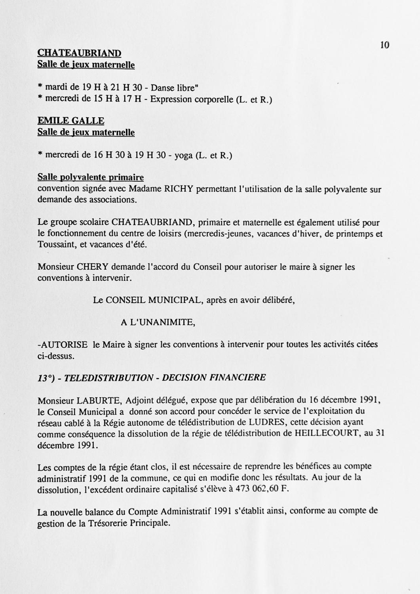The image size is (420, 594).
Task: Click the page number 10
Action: pyautogui.click(x=384, y=45)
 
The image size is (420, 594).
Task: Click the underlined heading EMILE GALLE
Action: pyautogui.click(x=71, y=121)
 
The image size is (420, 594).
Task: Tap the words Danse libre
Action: pyautogui.click(x=174, y=88)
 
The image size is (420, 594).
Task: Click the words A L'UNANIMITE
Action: pyautogui.click(x=158, y=323)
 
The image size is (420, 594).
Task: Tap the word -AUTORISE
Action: pyautogui.click(x=63, y=345)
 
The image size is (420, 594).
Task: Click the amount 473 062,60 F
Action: pyautogui.click(x=262, y=489)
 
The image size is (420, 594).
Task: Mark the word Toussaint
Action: pyautogui.click(x=56, y=245)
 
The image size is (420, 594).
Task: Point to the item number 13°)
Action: pyautogui.click(x=46, y=377)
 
